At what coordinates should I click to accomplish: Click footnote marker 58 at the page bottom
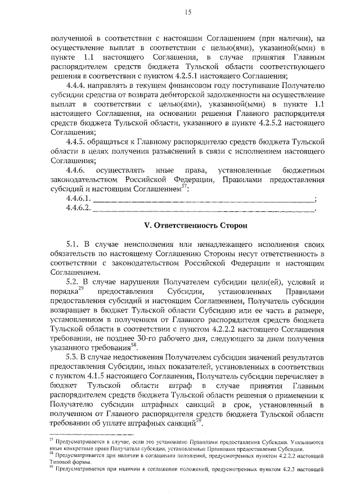[51, 453]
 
